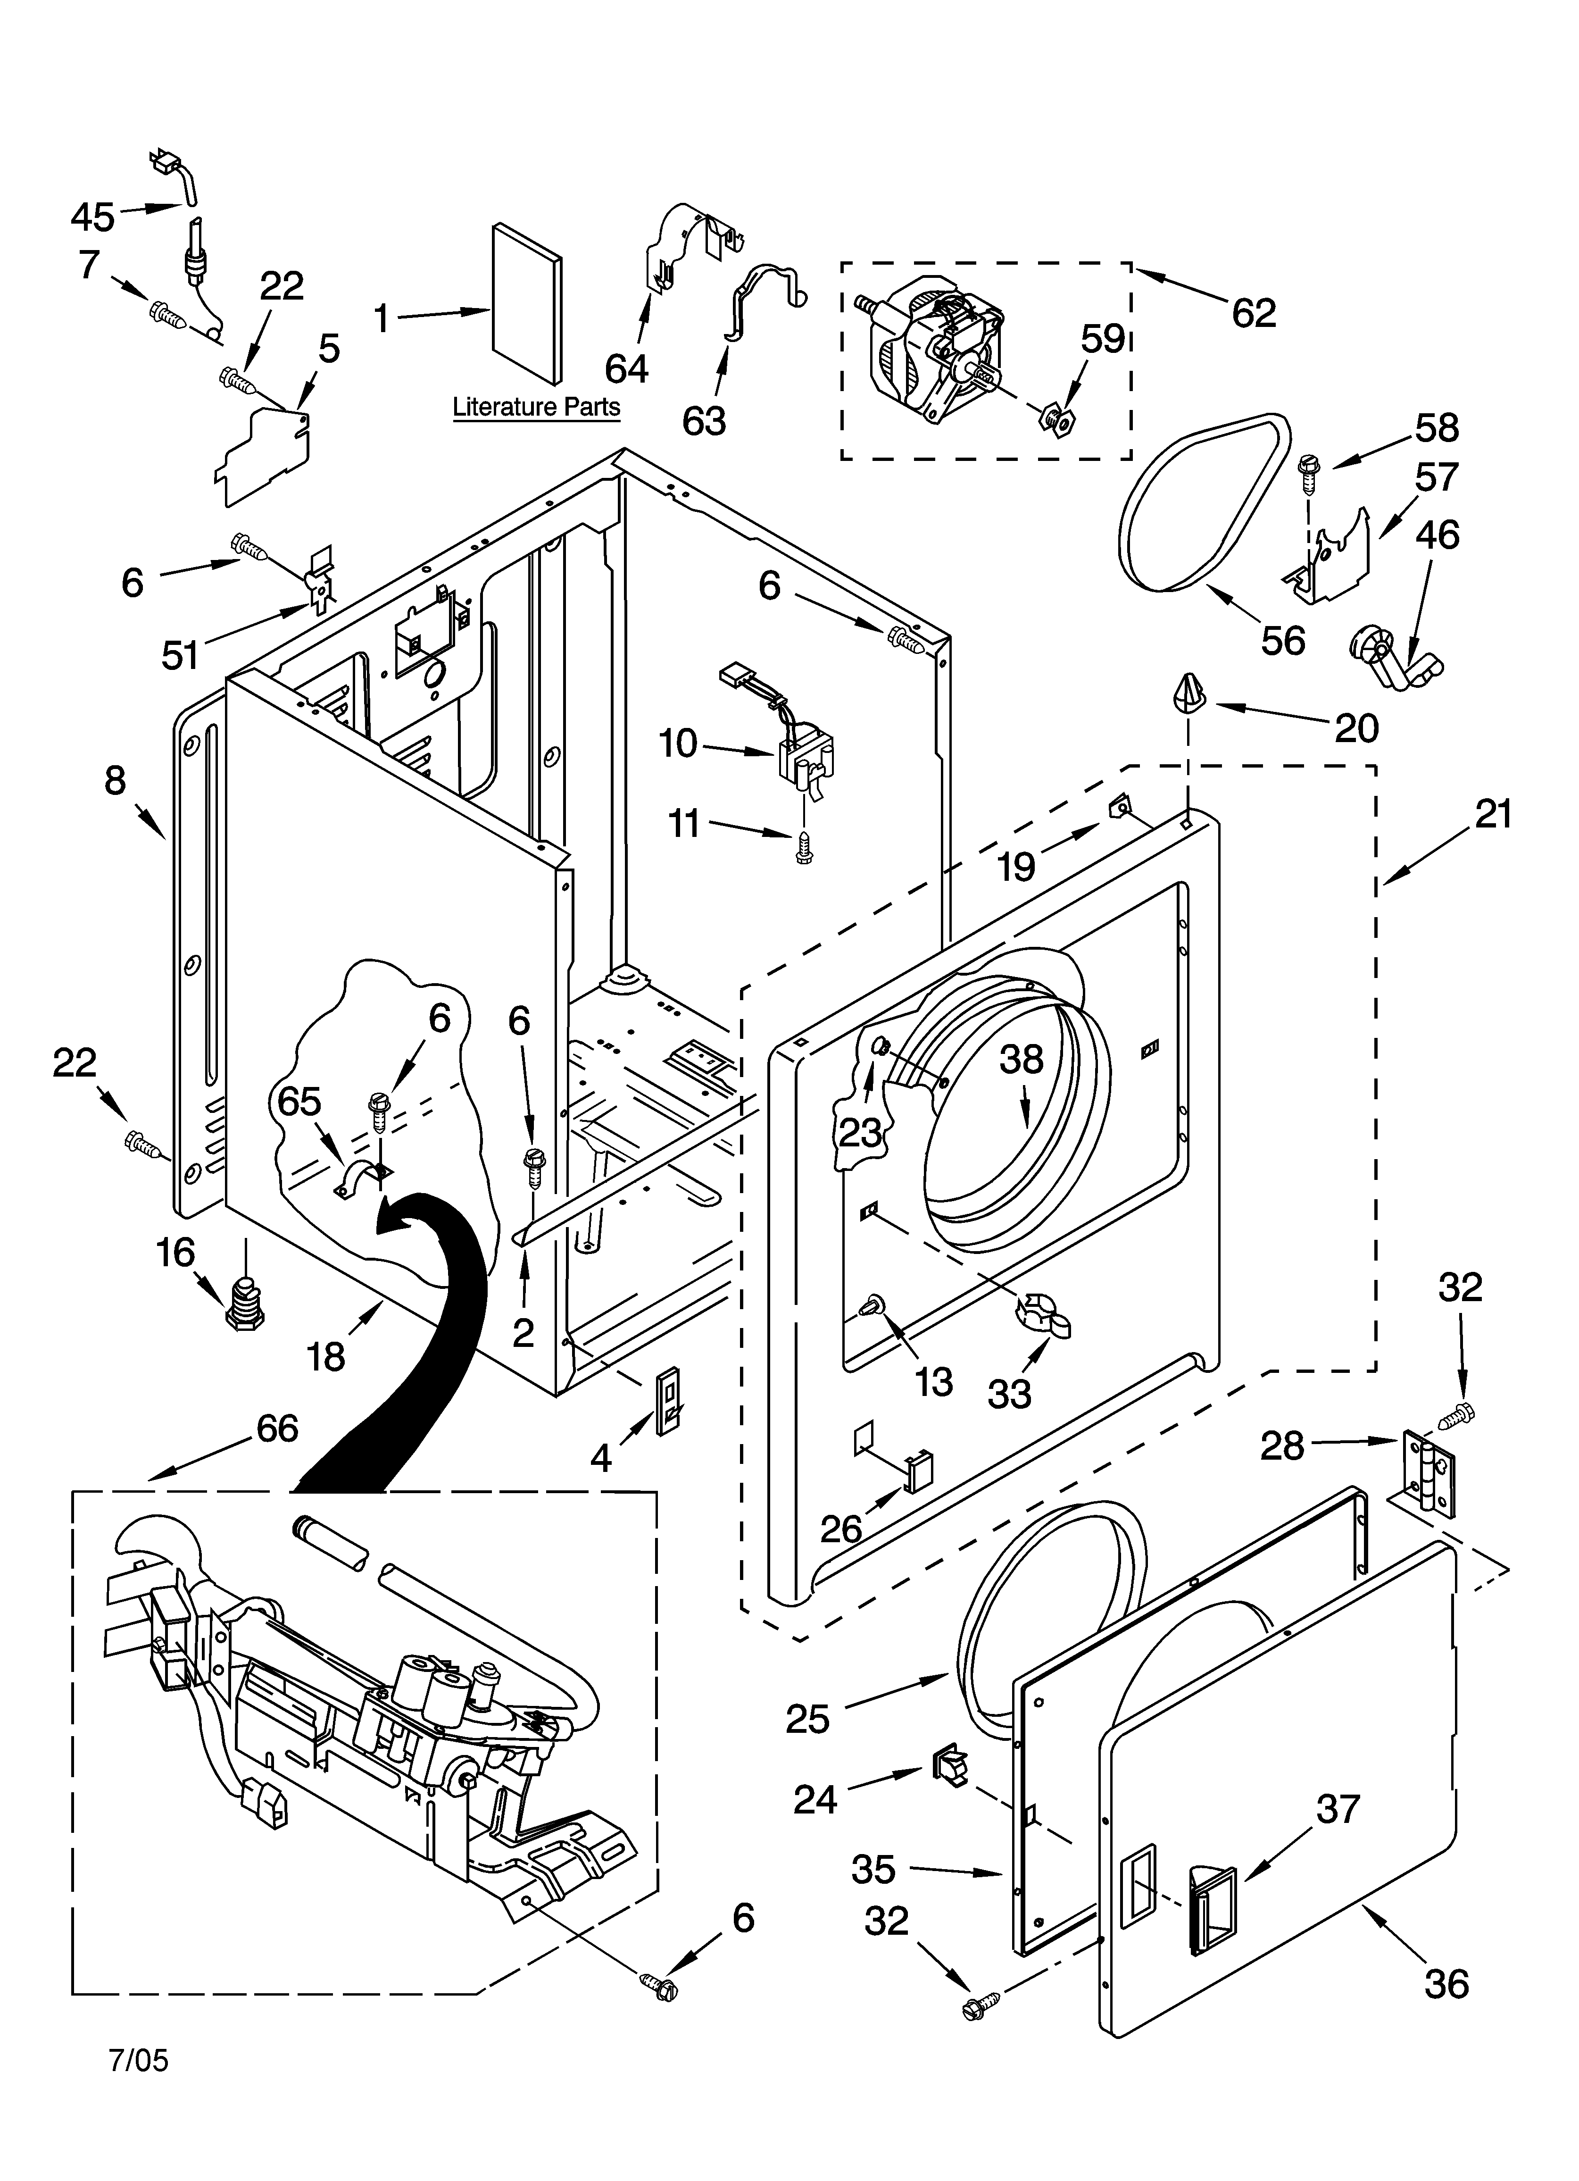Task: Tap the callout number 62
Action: [x=1254, y=312]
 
